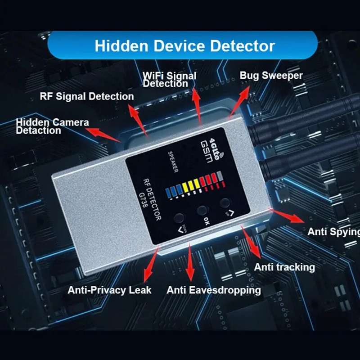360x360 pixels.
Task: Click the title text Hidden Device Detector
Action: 184,45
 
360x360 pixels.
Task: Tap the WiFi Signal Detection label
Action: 169,80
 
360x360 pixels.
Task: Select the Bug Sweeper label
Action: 271,75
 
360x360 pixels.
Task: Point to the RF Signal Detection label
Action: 87,96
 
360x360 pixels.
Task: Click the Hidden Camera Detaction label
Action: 52,126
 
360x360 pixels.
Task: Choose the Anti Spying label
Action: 333,232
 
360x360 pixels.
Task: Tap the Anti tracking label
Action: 284,267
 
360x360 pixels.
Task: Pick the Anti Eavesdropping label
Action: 213,290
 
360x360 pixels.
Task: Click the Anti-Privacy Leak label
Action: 109,290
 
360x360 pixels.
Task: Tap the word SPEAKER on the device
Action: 171,161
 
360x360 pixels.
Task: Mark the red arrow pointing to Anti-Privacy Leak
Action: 152,263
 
